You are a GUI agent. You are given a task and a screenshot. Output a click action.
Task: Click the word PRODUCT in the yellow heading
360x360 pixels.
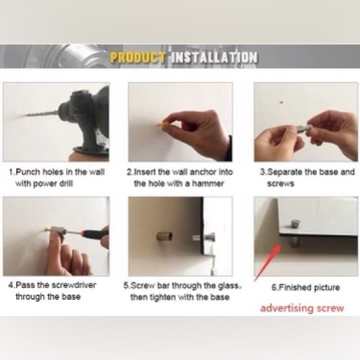point(137,57)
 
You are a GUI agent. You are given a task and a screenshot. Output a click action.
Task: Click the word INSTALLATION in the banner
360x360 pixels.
point(214,57)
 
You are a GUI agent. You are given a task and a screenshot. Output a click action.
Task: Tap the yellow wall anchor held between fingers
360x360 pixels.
point(163,124)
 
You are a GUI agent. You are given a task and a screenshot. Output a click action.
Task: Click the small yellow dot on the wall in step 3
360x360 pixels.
point(281,102)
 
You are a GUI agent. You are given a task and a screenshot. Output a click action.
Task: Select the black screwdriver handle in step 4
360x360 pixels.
point(96,233)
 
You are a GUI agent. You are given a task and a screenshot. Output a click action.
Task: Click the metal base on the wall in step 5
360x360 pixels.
point(164,236)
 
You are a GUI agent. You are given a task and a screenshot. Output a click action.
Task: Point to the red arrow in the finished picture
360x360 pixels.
point(268,263)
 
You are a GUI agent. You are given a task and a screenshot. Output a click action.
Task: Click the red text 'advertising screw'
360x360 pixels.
point(302,308)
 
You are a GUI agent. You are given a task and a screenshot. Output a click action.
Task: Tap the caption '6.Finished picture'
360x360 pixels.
point(305,287)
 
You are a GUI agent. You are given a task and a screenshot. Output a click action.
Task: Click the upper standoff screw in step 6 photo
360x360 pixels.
point(295,225)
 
